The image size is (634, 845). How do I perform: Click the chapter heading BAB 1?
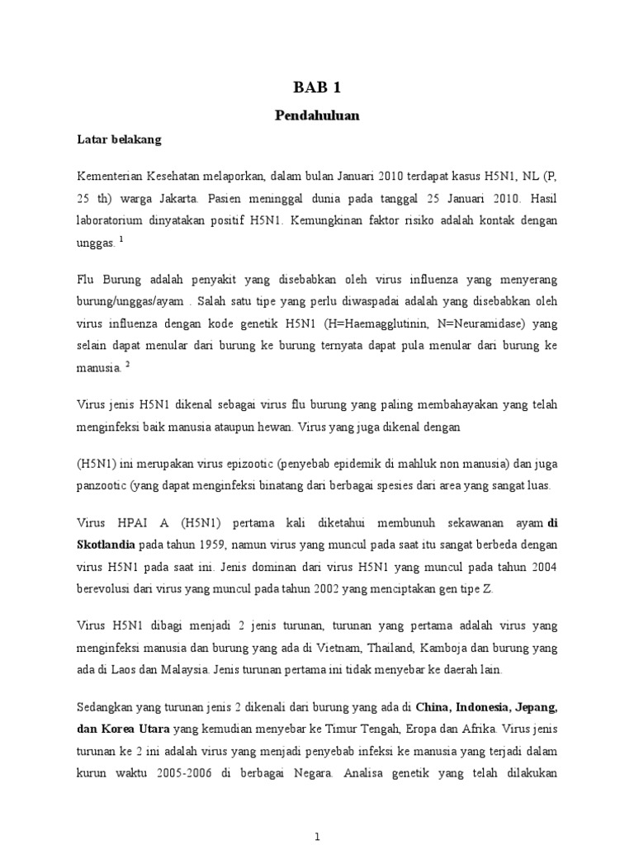pos(317,87)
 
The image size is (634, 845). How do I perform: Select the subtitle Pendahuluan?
pos(317,116)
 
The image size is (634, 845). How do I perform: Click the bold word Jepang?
pos(535,707)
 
